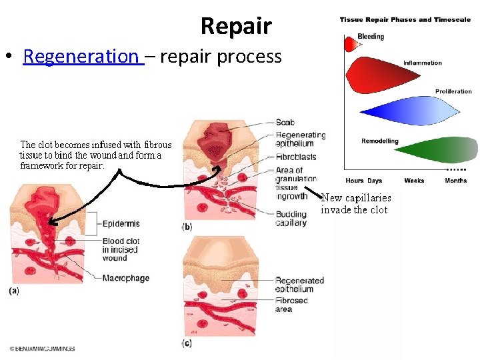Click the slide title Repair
[x=236, y=26]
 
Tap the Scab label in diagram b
[x=285, y=123]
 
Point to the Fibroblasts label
[x=295, y=157]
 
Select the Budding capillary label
[x=291, y=219]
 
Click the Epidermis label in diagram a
[x=121, y=224]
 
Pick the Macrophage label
[x=125, y=278]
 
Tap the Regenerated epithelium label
[x=299, y=285]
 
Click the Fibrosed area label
[x=292, y=305]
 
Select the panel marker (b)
[x=187, y=227]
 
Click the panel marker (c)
[x=187, y=343]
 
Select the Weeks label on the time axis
[x=414, y=181]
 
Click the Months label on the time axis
[x=456, y=181]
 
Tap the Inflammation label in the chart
[x=422, y=63]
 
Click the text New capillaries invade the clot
[x=356, y=203]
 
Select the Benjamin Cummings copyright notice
[x=43, y=349]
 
